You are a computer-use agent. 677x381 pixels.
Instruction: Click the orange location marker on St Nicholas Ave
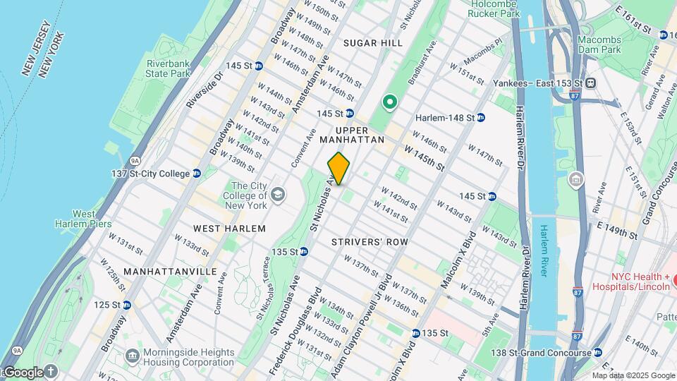(x=338, y=169)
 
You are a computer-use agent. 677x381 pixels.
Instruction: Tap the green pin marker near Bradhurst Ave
(x=389, y=103)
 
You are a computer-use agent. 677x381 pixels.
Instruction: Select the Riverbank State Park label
(x=169, y=68)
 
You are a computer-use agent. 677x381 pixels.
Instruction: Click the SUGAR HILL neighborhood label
(x=373, y=43)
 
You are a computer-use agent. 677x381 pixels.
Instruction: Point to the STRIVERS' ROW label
(x=370, y=242)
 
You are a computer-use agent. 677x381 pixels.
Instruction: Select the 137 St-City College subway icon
(x=197, y=174)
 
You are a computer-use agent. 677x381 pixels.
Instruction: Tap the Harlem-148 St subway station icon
(x=480, y=117)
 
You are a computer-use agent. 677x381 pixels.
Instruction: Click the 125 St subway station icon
(x=127, y=305)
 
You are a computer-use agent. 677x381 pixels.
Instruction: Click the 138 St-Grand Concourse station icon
(x=598, y=353)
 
